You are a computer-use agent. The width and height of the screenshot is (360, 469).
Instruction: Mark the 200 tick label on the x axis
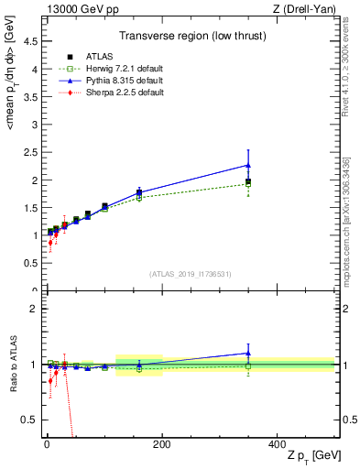[162, 444]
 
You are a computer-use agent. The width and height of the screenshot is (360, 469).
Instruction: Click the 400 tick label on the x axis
[277, 444]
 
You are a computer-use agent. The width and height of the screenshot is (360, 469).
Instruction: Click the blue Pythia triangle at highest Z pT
[248, 165]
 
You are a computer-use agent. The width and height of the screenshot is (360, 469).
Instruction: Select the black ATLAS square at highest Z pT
[248, 181]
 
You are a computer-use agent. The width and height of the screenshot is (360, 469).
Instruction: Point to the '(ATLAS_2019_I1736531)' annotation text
[191, 274]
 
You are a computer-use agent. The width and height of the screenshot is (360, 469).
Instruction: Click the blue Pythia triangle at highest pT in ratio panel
[248, 353]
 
